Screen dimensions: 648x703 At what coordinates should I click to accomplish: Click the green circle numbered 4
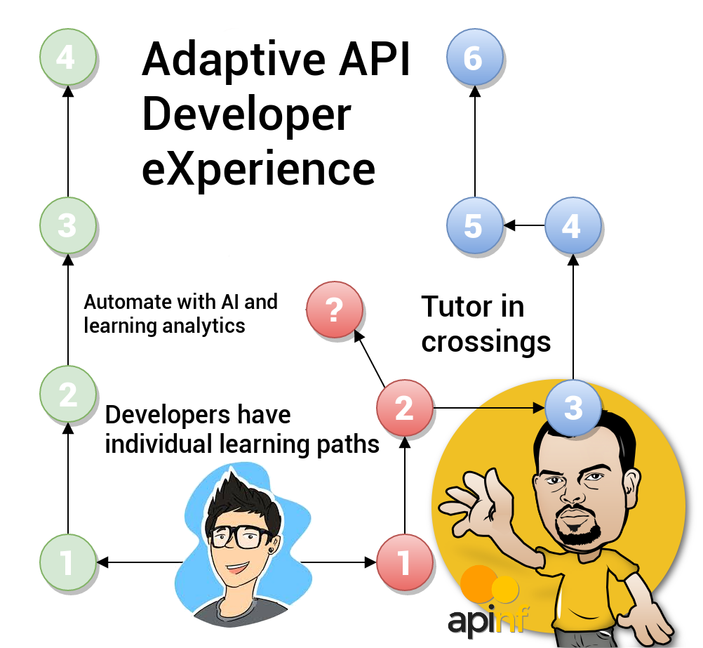pyautogui.click(x=67, y=57)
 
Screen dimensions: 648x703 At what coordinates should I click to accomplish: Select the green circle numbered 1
pyautogui.click(x=67, y=562)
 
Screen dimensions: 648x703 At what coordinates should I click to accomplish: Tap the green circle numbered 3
pyautogui.click(x=67, y=225)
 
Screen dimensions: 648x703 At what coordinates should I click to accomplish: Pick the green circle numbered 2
pyautogui.click(x=67, y=395)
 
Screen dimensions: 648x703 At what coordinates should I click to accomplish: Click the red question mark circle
pyautogui.click(x=335, y=310)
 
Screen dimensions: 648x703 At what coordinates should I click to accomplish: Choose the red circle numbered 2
pyautogui.click(x=404, y=408)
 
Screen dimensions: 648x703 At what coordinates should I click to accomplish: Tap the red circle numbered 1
pyautogui.click(x=404, y=562)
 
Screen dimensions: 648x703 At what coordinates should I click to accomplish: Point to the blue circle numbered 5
pyautogui.click(x=474, y=226)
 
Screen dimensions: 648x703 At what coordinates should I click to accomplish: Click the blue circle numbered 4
pyautogui.click(x=573, y=226)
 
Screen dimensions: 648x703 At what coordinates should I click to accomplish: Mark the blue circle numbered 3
pyautogui.click(x=573, y=408)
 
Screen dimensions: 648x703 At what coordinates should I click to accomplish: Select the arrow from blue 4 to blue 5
pyautogui.click(x=523, y=226)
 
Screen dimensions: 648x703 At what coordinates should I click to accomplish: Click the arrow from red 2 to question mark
pyautogui.click(x=369, y=359)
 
